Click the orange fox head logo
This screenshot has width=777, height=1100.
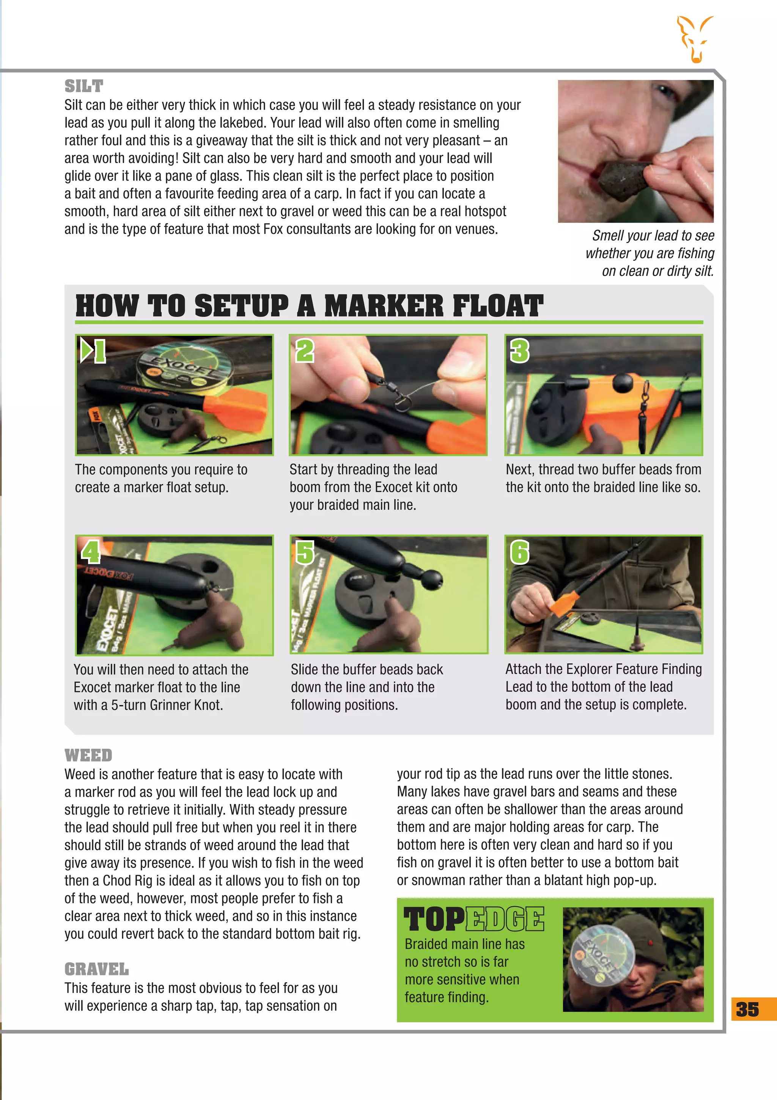click(x=695, y=39)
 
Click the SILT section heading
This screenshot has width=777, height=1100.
click(x=84, y=86)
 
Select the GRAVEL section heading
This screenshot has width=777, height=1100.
click(x=96, y=969)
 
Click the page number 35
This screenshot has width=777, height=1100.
click(x=747, y=1009)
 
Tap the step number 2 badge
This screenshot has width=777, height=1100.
click(x=305, y=351)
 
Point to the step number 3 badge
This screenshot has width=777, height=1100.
click(x=520, y=351)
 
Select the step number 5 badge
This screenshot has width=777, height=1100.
click(x=305, y=552)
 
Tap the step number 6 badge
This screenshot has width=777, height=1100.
click(x=520, y=552)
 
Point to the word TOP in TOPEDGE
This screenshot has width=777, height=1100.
click(x=434, y=920)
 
